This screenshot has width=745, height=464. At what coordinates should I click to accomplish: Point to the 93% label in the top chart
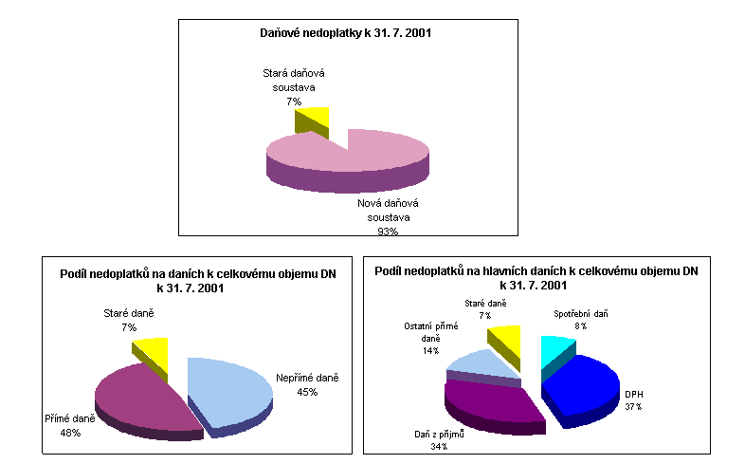tap(388, 230)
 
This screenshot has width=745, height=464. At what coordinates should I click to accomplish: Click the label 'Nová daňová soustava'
tap(388, 210)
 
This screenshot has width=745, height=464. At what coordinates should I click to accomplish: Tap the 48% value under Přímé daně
tap(70, 433)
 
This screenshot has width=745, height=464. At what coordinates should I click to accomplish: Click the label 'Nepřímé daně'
tap(307, 377)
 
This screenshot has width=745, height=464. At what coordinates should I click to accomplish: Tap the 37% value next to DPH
tap(632, 406)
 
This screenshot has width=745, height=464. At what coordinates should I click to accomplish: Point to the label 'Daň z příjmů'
tap(439, 434)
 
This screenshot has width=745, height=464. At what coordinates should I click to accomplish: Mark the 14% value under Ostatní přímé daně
tap(431, 350)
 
